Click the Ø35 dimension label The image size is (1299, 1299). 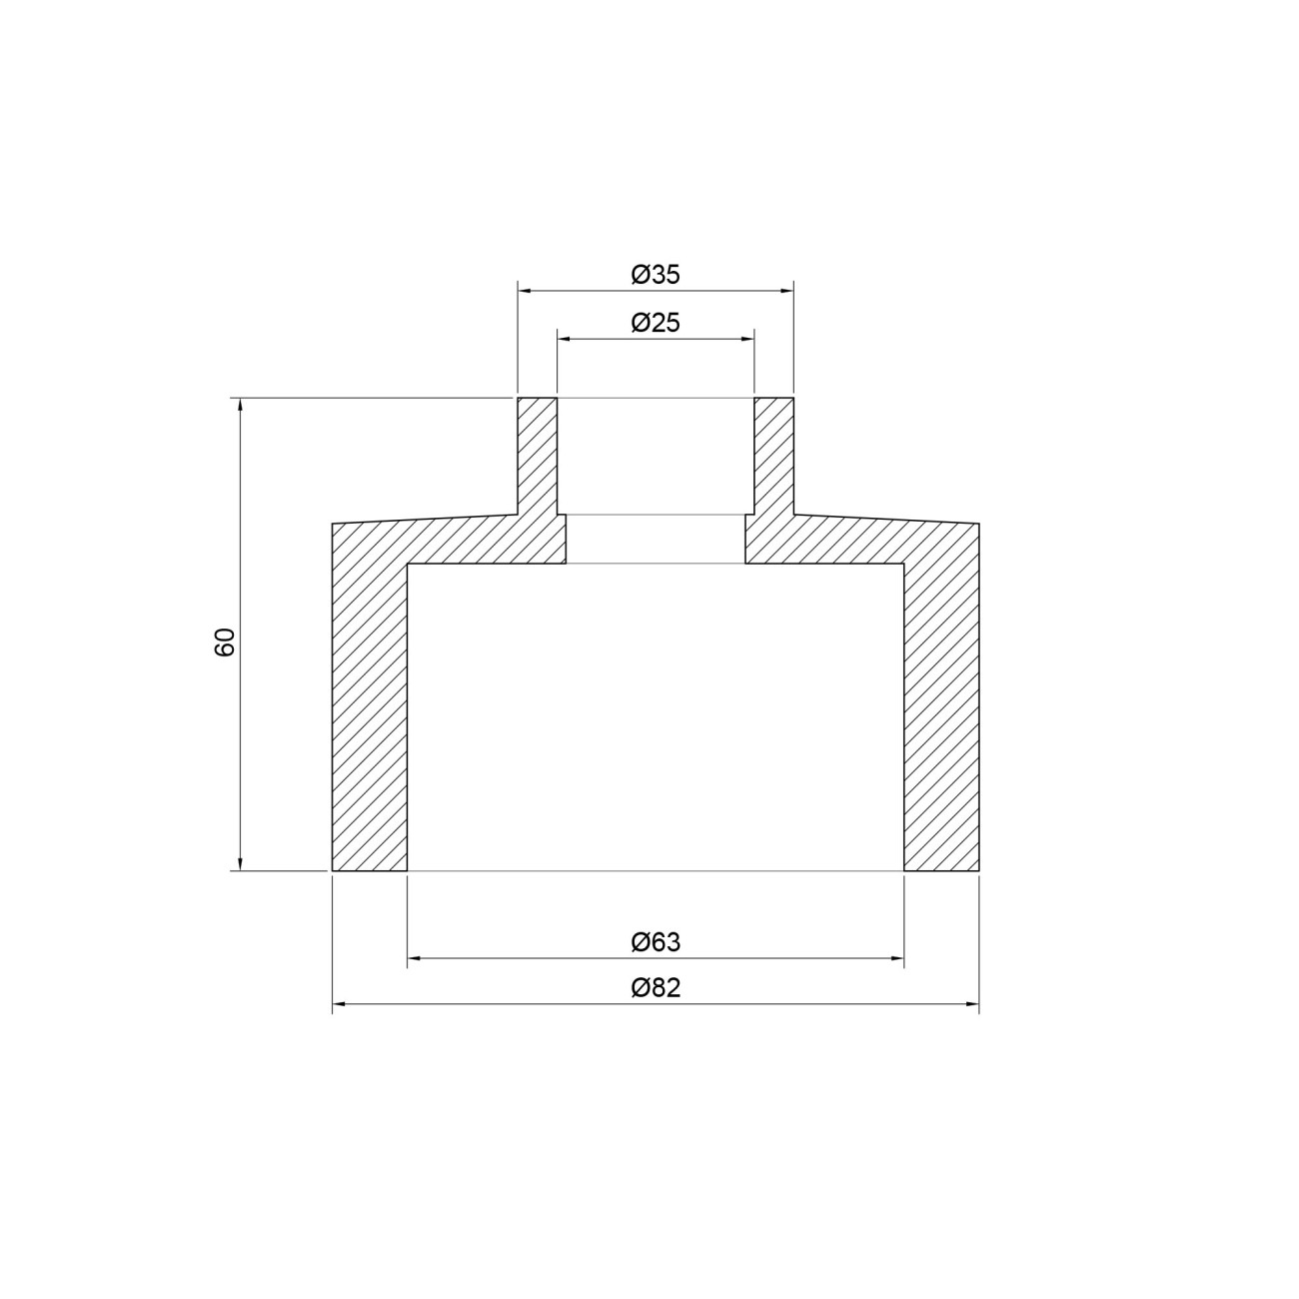[x=655, y=275]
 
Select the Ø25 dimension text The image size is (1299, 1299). [x=655, y=323]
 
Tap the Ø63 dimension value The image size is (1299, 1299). [x=655, y=942]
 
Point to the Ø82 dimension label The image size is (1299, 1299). [x=655, y=988]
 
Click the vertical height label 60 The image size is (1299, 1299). [x=225, y=642]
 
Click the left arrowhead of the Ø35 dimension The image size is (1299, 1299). [x=524, y=291]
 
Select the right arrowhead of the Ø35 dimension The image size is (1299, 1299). [x=786, y=291]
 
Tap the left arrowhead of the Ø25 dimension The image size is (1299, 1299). [x=564, y=339]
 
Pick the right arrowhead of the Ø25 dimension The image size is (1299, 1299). [x=746, y=339]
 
